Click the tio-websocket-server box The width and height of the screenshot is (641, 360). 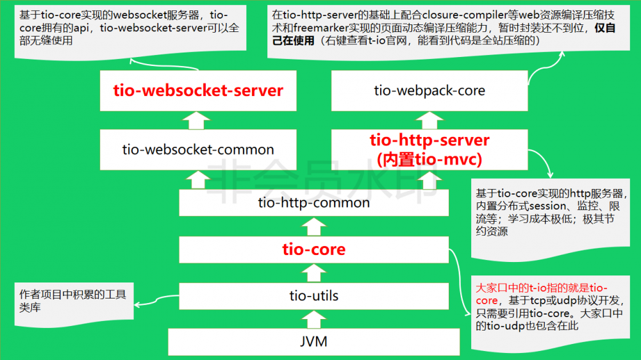coord(198,90)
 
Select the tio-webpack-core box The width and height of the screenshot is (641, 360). coord(429,90)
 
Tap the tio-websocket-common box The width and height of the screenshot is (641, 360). coord(198,150)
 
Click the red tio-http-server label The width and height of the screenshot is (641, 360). coord(429,140)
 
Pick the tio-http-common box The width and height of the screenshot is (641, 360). coord(313,203)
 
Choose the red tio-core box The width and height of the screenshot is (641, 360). coord(313,249)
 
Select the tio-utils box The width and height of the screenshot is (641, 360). coord(313,296)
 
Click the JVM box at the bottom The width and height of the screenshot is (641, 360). coord(313,341)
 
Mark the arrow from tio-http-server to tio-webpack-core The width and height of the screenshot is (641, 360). coord(428,119)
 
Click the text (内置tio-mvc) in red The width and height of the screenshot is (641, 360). coord(429,158)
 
